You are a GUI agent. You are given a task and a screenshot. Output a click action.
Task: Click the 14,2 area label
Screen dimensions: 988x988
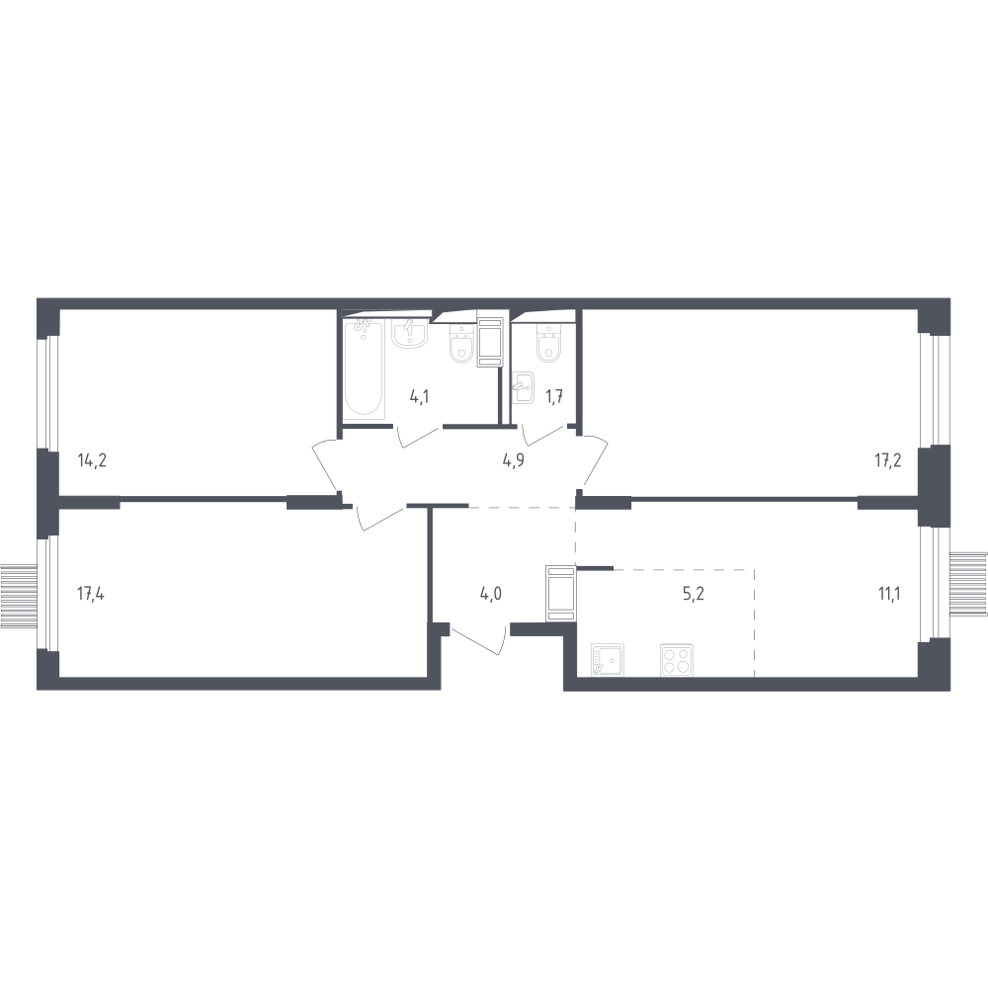click(x=92, y=460)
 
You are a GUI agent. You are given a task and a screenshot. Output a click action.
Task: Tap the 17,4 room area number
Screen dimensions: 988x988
click(x=91, y=594)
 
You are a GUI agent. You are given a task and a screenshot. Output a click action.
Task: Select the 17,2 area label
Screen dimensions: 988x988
click(x=888, y=460)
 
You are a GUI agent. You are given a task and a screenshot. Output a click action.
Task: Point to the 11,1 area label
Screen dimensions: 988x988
click(x=889, y=594)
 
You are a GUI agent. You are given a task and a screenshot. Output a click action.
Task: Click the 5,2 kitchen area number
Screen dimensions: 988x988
click(x=694, y=594)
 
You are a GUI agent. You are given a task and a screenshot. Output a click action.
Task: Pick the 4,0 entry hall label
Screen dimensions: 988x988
click(x=491, y=594)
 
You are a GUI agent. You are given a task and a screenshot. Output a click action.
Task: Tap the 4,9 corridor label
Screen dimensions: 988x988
click(x=513, y=460)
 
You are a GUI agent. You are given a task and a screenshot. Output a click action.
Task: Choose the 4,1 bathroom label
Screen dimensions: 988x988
click(x=420, y=397)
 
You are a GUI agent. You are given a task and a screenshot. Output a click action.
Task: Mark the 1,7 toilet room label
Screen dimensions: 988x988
click(x=554, y=397)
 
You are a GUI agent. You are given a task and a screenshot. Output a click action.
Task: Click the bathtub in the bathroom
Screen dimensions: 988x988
click(x=365, y=368)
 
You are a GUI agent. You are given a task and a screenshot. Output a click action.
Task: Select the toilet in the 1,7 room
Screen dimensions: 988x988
click(x=548, y=344)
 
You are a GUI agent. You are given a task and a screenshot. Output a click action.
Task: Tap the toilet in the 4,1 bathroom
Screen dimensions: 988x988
click(x=461, y=344)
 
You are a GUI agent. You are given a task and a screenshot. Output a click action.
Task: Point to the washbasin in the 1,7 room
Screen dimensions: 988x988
click(x=524, y=387)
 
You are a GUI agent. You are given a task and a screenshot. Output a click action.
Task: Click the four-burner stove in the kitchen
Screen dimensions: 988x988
click(x=676, y=660)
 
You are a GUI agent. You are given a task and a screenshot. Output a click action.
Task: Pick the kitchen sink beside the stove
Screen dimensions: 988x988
click(x=608, y=660)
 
